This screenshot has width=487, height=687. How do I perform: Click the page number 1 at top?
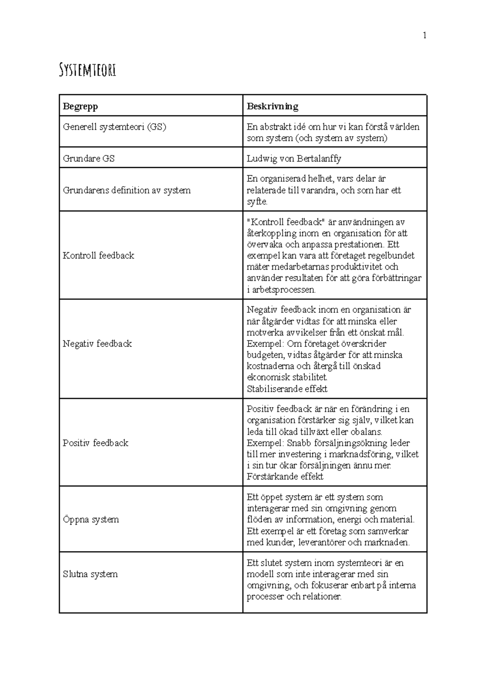pyautogui.click(x=425, y=36)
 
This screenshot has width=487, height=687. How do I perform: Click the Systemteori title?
pyautogui.click(x=87, y=70)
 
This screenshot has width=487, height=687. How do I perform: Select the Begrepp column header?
pyautogui.click(x=80, y=106)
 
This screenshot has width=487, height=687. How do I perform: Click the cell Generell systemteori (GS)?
pyautogui.click(x=114, y=127)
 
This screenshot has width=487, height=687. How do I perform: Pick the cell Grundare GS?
pyautogui.click(x=88, y=159)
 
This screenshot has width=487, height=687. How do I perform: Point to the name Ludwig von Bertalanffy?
pyautogui.click(x=294, y=159)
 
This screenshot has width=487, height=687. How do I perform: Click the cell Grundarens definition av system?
pyautogui.click(x=127, y=190)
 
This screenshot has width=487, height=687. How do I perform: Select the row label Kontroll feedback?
pyautogui.click(x=98, y=255)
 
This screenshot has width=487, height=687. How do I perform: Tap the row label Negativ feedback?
pyautogui.click(x=97, y=343)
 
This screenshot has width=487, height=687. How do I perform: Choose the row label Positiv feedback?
pyautogui.click(x=95, y=443)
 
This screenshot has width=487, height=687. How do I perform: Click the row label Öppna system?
pyautogui.click(x=91, y=520)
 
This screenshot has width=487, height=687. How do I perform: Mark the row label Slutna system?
pyautogui.click(x=90, y=574)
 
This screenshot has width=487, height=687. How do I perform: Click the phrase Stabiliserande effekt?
pyautogui.click(x=287, y=389)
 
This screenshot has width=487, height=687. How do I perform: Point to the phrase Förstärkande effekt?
pyautogui.click(x=285, y=477)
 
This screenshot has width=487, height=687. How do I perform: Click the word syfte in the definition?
pyautogui.click(x=256, y=202)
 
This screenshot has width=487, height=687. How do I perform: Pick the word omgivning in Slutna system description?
pyautogui.click(x=268, y=586)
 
